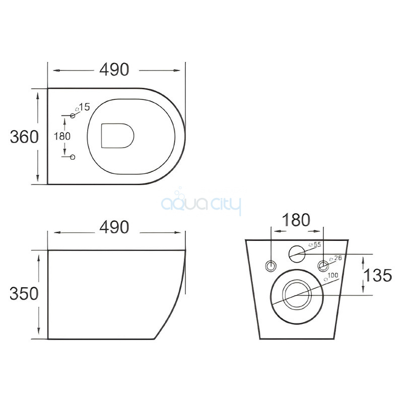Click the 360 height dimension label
pos(24,137)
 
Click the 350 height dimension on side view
pos(24,294)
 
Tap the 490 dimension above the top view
pos(114,70)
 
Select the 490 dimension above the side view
pos(114,227)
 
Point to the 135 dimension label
pos(378,275)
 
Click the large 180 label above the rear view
pos(296,220)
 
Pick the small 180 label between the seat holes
pos(62,136)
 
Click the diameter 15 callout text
pos(83,107)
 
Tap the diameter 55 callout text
pos(315,244)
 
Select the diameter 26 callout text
pos(335,258)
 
